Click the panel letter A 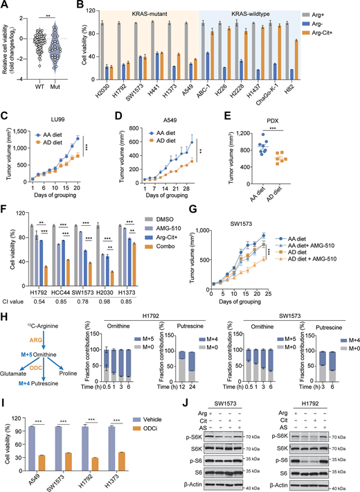[6, 7]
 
